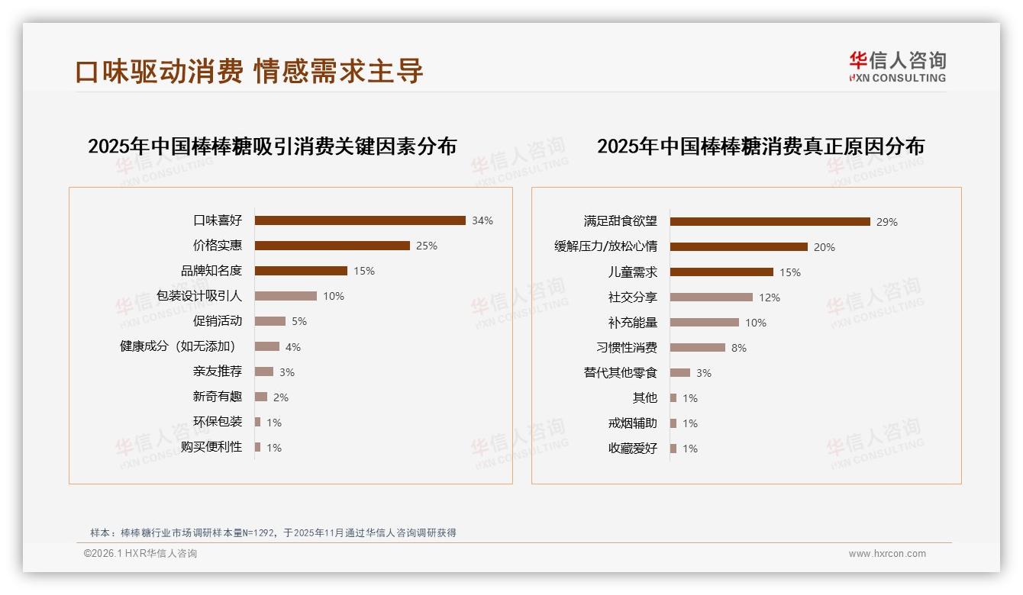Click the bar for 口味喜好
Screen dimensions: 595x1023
point(360,220)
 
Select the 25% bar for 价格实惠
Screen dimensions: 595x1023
point(332,246)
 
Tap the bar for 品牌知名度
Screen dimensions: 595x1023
point(301,271)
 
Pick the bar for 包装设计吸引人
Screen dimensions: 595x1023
point(286,296)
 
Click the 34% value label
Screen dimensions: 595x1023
point(482,220)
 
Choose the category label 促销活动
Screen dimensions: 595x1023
point(218,321)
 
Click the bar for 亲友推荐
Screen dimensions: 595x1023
point(264,371)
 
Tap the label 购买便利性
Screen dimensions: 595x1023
point(211,447)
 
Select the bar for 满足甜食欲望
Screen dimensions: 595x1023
point(770,222)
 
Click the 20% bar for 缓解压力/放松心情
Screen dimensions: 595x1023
point(738,247)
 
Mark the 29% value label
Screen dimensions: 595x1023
point(887,222)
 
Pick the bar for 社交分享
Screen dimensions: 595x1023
point(711,297)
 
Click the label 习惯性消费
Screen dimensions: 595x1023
point(627,348)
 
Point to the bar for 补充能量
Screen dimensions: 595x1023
point(704,323)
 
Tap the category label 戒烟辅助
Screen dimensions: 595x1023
point(633,423)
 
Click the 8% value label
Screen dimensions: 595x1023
point(739,348)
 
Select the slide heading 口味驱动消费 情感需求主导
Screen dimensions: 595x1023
point(249,71)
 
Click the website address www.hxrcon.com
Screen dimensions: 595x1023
point(887,554)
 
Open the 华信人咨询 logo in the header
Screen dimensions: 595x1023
point(898,66)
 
